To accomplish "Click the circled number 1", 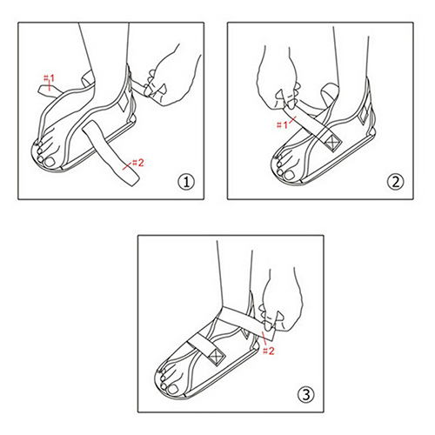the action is coord(185,183).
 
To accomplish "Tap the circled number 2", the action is coord(395,183).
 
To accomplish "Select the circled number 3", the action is coord(305,395).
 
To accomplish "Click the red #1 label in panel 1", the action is coord(49,78).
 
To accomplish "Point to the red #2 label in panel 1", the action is coord(137,163).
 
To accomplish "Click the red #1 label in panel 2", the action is coord(282,125).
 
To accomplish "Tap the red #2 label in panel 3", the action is coord(268,351).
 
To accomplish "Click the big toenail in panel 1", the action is coord(51,162).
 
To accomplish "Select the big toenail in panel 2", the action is coord(289,175).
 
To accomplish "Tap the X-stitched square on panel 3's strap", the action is coord(216,356).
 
